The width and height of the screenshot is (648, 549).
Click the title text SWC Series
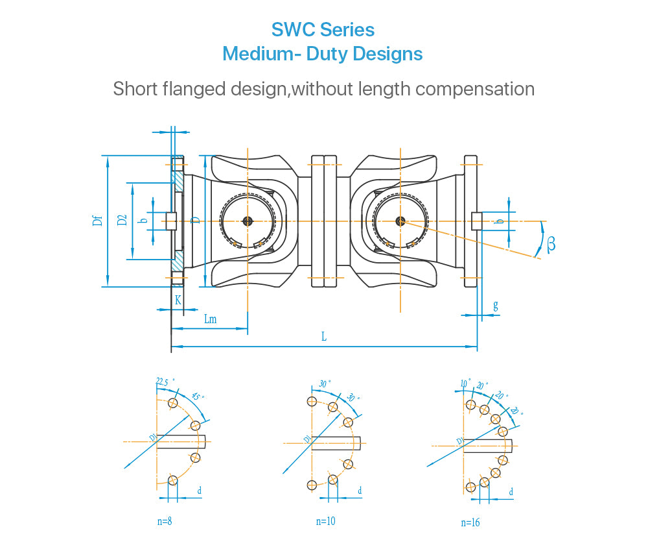point(323,30)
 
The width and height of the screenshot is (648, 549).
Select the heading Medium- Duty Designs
point(323,53)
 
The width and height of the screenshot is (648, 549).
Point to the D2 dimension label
point(122,221)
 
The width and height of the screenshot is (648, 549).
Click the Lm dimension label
point(210,319)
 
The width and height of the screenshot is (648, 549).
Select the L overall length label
point(324,336)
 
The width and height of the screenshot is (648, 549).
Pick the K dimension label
point(178,300)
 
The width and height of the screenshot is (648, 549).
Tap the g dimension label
point(496,305)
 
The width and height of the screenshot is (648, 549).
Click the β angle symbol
point(551,243)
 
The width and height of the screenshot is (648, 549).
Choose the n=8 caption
point(165,520)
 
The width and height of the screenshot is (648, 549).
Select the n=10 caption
point(326,521)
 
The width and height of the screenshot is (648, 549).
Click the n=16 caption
point(470,522)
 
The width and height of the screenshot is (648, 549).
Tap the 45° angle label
point(199,396)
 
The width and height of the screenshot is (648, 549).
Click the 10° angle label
point(465,384)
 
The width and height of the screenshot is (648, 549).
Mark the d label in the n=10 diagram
point(360,491)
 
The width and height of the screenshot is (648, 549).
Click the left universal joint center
point(248,221)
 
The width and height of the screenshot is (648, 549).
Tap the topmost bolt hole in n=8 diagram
point(172,403)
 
